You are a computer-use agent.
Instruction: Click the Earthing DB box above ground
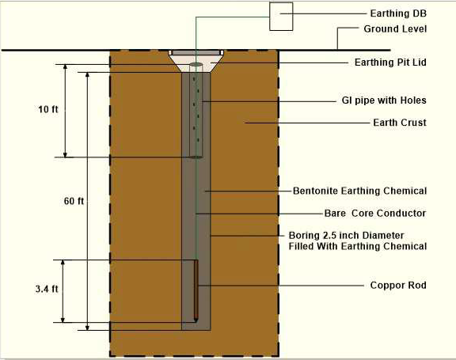281,17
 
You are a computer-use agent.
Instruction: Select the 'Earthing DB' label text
398,13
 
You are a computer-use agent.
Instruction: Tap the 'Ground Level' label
395,29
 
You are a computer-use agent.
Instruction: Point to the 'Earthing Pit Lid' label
390,63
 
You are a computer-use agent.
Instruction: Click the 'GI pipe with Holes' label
384,100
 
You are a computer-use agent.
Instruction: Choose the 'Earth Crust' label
400,123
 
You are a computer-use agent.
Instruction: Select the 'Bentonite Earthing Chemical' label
359,191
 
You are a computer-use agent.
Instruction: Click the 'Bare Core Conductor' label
375,214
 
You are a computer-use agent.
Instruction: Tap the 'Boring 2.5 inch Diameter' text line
346,235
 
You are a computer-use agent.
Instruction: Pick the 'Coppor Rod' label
398,286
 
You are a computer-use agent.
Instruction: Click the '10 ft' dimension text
48,109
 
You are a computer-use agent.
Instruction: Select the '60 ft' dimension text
74,201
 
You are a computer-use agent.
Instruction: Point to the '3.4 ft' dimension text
47,289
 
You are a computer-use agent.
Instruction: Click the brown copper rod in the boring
196,291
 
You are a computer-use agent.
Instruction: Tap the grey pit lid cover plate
196,52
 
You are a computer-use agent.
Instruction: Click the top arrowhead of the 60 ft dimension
87,74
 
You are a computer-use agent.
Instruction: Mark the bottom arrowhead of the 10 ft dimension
65,154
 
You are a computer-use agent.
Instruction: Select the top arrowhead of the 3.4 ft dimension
63,263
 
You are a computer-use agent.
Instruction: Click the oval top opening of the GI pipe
196,64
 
